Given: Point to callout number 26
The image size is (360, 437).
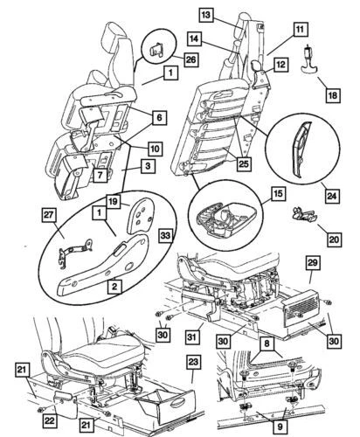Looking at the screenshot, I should coord(190,60).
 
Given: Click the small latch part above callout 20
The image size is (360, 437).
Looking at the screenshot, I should coord(302,214).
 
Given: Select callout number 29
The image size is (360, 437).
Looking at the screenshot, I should coord(314,262).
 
